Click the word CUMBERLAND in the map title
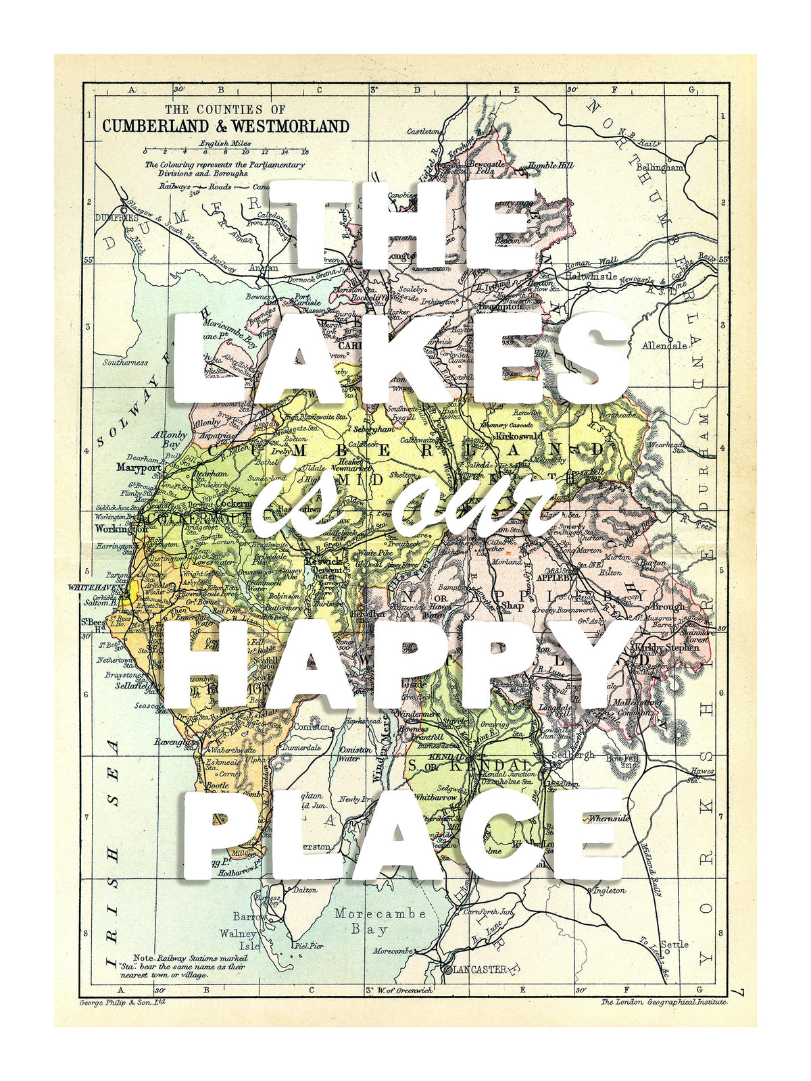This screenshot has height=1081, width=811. pos(155,126)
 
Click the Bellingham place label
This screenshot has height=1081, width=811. pos(660,167)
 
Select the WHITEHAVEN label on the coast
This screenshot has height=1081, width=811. pos(96,588)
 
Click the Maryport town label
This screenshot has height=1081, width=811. pos(139,467)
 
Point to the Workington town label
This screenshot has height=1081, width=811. pos(120,529)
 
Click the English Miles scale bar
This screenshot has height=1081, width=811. pos(226,149)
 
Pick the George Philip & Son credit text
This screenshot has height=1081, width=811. pos(122,1002)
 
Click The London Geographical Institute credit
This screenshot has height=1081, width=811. pos(664,1002)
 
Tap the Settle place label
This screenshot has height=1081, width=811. pos(674,944)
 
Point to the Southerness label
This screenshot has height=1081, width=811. pos(125,362)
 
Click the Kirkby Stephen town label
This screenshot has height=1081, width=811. pos(665,647)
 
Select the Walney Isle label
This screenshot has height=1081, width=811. pos(239,940)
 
